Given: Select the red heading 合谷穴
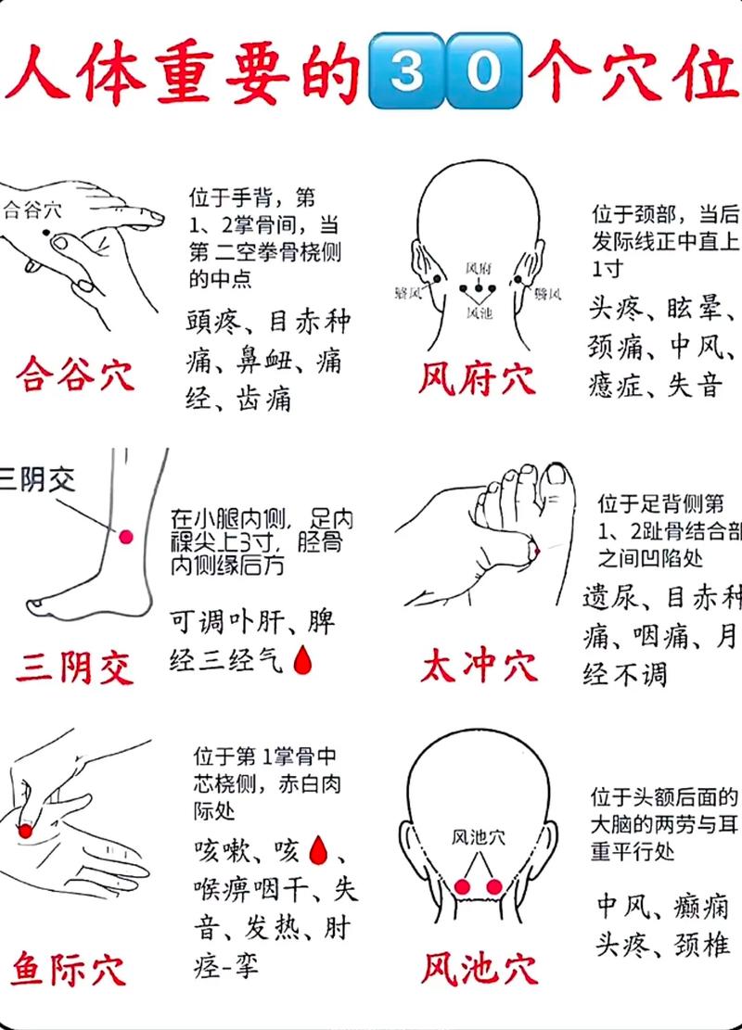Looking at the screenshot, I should coord(75,375).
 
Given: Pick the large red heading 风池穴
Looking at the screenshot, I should coord(479,969).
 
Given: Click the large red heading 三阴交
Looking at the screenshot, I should coord(74,667).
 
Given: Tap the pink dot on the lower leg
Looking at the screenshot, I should coord(126,536).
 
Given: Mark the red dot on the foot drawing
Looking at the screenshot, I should coord(534,553).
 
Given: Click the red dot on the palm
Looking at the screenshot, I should coord(26,831).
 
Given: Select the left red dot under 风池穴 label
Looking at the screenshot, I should coord(464,886).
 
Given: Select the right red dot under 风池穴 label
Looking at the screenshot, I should coord(493,886).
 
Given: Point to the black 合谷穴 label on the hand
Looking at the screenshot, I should coord(32,210).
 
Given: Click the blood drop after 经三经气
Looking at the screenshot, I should coord(301,659).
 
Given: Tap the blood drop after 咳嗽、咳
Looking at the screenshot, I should coord(317,848).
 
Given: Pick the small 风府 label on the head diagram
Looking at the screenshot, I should coord(478,268).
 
